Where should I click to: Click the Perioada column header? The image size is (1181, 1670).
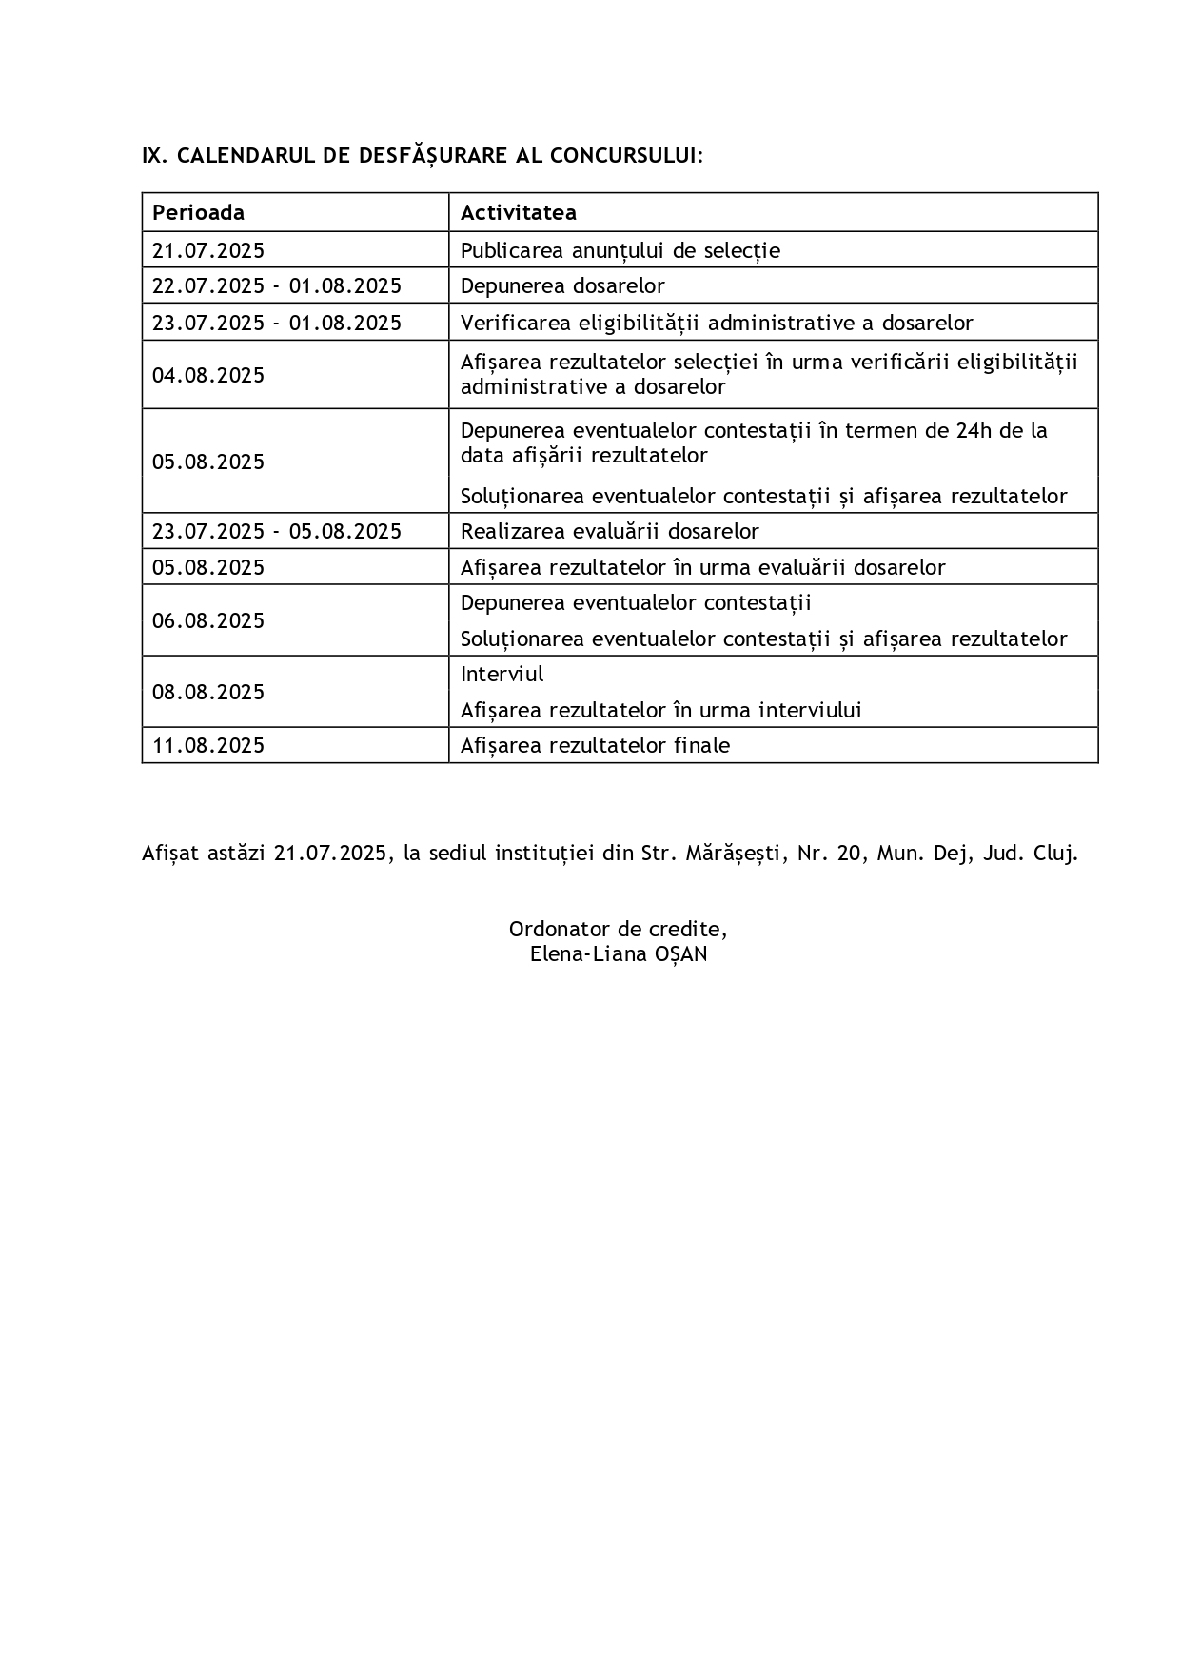tap(198, 212)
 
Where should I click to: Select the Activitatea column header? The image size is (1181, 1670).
tap(518, 212)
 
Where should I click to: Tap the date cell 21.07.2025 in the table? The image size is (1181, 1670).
tap(208, 250)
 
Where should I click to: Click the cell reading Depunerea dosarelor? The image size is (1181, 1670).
tap(562, 285)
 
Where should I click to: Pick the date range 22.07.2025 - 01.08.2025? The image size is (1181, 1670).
tap(277, 285)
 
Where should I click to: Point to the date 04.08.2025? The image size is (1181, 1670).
tap(208, 375)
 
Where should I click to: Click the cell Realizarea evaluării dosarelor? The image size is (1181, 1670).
tap(609, 531)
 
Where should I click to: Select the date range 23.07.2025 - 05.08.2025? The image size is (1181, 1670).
tap(277, 531)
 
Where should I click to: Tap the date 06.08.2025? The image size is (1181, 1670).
tap(208, 620)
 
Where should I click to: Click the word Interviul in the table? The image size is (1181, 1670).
tap(502, 675)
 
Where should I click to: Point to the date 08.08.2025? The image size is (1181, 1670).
tap(208, 692)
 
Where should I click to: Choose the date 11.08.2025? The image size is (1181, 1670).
tap(208, 745)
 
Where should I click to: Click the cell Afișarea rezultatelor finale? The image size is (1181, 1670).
tap(595, 745)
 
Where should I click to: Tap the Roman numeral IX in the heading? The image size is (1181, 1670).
tap(152, 155)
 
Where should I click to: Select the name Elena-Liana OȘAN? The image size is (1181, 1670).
tap(619, 954)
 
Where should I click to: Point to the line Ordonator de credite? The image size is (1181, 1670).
tap(619, 929)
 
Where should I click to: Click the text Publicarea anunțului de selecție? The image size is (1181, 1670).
tap(620, 250)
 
